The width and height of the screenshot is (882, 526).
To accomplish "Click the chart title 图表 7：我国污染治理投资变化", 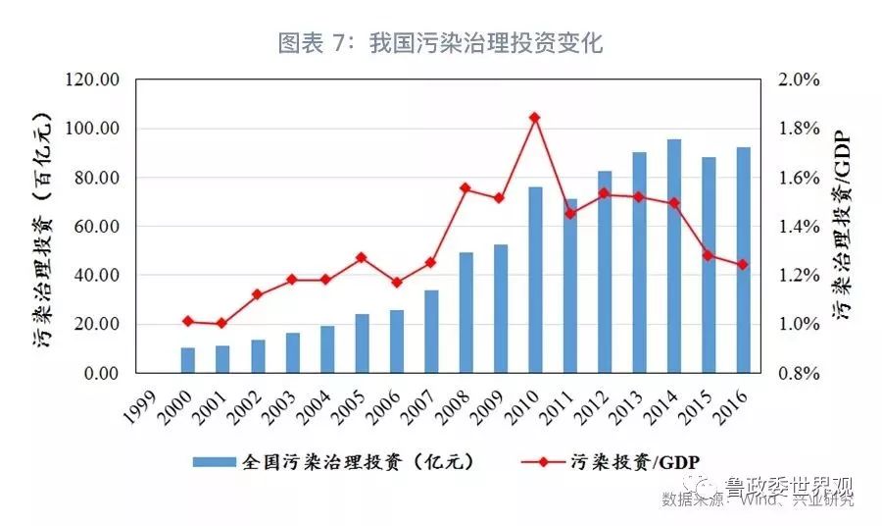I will tap(440, 42).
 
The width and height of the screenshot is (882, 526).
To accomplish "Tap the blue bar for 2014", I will tap(674, 256).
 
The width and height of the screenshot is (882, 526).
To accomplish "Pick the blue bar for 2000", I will tap(188, 360).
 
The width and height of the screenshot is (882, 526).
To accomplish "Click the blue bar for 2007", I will tap(431, 332).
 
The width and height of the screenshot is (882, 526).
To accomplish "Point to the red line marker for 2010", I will tap(535, 118).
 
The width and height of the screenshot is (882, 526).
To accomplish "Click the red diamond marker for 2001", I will tap(222, 323).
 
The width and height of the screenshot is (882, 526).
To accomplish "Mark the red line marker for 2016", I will tap(743, 264).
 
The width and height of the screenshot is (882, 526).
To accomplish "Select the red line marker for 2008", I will tap(465, 188).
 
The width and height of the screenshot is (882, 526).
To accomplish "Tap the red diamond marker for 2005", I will tap(362, 258).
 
